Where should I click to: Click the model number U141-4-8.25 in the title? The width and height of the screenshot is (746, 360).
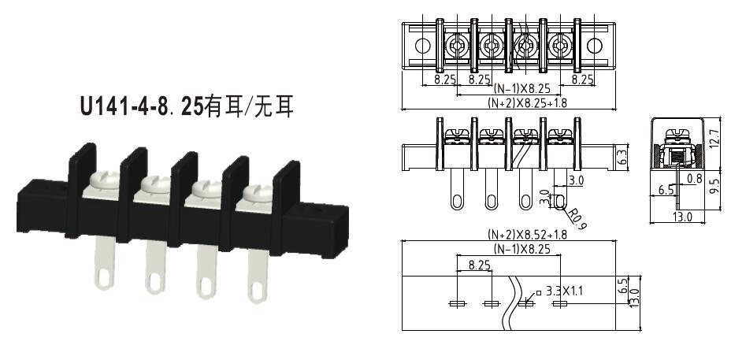click(x=141, y=106)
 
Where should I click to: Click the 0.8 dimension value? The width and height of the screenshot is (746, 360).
click(x=694, y=179)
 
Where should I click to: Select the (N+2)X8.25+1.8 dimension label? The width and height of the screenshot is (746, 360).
click(x=516, y=102)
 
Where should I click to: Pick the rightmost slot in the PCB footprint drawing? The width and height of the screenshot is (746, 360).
click(x=560, y=303)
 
